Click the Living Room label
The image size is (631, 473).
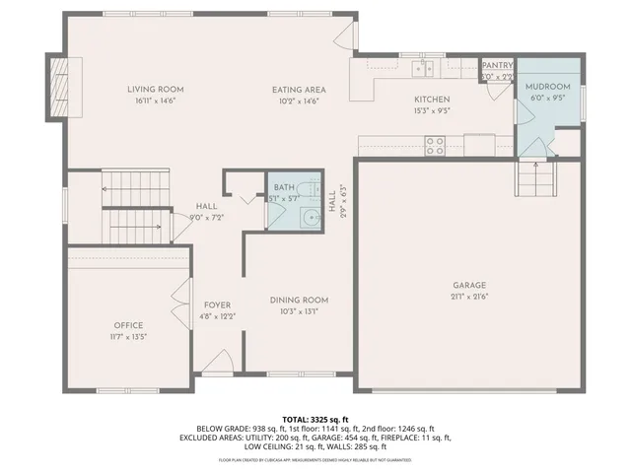pyautogui.click(x=156, y=90)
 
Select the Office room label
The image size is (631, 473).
pyautogui.click(x=128, y=325)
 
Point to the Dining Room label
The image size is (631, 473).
pyautogui.click(x=300, y=300)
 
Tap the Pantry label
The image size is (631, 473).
pyautogui.click(x=497, y=65)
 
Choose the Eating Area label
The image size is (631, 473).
pyautogui.click(x=300, y=90)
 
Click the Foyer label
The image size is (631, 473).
pyautogui.click(x=217, y=305)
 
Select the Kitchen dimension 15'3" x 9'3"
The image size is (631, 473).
pyautogui.click(x=432, y=110)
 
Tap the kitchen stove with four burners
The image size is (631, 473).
pyautogui.click(x=435, y=146)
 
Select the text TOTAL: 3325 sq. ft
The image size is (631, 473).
pyautogui.click(x=315, y=419)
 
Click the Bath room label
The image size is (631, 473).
pyautogui.click(x=285, y=187)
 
